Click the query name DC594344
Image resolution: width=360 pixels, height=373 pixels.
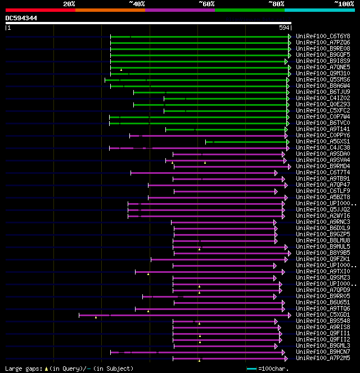pos(21,18)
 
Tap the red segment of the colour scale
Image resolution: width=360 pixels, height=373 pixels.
pos(40,10)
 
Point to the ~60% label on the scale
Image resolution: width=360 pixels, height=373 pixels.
pos(206,4)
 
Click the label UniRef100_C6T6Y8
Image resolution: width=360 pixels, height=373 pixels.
pos(322,36)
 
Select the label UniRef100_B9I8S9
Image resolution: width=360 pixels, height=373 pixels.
pos(322,61)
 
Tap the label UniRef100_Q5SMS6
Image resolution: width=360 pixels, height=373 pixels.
pos(322,79)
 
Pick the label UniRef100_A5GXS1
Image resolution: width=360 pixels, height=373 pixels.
pos(322,141)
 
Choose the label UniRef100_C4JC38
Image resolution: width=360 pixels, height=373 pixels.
pos(322,147)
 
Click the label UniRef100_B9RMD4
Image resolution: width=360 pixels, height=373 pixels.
pos(322,166)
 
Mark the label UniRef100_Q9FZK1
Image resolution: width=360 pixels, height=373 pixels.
pos(322,259)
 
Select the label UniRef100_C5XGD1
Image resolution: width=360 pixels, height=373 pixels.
pos(322,314)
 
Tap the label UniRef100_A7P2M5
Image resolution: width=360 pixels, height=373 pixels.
pos(322,358)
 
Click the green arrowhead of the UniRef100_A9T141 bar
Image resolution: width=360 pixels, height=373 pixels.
pos(289,129)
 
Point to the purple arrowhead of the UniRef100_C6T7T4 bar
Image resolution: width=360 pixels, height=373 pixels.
pos(276,173)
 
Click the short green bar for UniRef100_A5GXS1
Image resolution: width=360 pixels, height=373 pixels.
pos(247,141)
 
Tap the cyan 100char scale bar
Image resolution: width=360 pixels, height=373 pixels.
pos(251,368)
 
